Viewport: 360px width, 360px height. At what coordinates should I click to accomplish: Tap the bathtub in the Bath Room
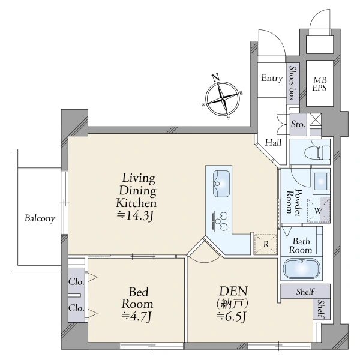click(302, 269)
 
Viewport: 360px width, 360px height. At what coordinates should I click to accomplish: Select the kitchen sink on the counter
click(221, 184)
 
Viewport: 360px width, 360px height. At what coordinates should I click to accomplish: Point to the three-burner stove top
click(220, 221)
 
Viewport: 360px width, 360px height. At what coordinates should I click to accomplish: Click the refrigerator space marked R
click(266, 244)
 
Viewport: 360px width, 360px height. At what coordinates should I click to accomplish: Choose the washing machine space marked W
click(319, 210)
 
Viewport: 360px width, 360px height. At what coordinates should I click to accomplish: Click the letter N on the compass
click(215, 78)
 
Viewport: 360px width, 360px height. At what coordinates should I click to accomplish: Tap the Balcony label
click(40, 218)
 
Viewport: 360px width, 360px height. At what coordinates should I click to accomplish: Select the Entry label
click(272, 78)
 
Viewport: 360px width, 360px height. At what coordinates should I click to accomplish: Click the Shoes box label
click(292, 83)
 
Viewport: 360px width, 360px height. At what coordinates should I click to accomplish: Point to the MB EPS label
click(319, 84)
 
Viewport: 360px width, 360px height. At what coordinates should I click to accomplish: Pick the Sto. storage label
click(298, 124)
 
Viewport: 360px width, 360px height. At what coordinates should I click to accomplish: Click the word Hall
click(273, 143)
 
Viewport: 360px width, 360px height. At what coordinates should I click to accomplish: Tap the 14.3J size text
click(135, 215)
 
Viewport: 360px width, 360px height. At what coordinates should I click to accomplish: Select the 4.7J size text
click(136, 317)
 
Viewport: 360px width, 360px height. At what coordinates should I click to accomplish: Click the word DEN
click(233, 291)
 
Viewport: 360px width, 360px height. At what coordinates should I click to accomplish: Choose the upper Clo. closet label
click(76, 282)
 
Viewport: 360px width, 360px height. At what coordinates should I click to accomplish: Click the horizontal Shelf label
click(305, 292)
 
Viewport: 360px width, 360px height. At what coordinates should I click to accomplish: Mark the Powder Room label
click(293, 202)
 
